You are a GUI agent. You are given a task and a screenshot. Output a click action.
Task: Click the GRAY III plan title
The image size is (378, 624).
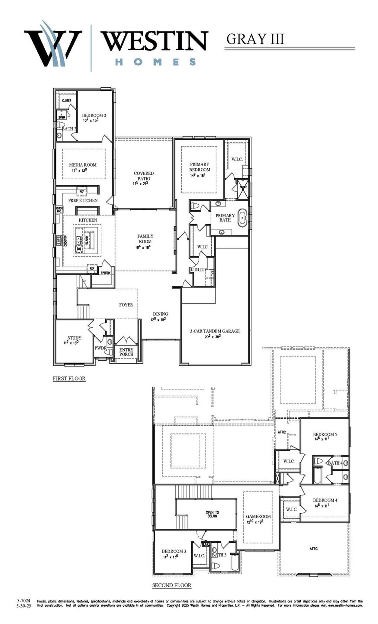(255, 39)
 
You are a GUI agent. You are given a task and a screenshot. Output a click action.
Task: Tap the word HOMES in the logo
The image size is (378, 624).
(155, 62)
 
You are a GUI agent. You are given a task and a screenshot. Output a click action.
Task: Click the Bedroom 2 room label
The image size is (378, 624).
(94, 115)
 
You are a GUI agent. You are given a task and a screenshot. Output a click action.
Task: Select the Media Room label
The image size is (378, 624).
(83, 165)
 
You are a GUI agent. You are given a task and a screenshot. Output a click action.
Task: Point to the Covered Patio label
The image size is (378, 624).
(144, 176)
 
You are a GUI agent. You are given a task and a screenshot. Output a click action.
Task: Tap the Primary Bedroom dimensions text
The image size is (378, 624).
(198, 175)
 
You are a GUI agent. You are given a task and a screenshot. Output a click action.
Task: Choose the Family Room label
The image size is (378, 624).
(145, 239)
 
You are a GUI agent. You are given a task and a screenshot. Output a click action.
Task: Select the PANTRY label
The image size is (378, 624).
(105, 273)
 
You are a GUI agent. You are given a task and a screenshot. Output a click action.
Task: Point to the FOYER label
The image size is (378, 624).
(126, 305)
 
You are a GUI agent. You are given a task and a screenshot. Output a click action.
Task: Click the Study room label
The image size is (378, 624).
(74, 338)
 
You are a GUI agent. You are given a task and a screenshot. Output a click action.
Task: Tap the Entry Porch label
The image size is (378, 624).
(126, 352)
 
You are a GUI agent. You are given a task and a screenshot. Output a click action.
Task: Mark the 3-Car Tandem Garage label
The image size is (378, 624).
(215, 331)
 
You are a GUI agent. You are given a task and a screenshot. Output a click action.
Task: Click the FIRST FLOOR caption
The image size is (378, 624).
(69, 378)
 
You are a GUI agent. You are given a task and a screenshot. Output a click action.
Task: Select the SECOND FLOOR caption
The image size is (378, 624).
(172, 585)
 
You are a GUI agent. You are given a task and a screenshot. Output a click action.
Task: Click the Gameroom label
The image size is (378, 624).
(258, 517)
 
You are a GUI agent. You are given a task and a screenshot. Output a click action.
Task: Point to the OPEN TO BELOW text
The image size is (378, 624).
(212, 514)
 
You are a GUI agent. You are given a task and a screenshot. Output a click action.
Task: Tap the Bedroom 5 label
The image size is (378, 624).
(325, 435)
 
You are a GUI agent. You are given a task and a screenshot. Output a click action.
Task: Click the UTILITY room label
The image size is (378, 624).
(199, 270)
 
